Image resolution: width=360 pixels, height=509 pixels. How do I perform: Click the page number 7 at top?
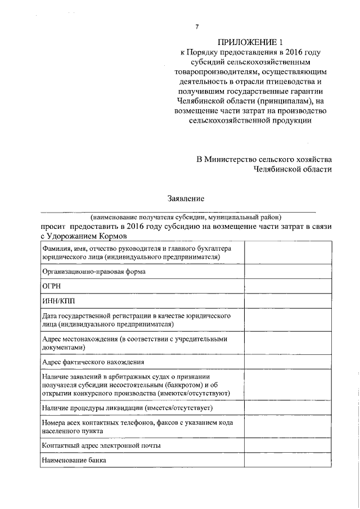tap(196, 26)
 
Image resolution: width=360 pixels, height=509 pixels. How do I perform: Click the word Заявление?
tap(186, 198)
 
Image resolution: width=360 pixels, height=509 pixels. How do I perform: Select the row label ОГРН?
tap(52, 286)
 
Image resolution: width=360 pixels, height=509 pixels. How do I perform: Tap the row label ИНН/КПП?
tap(58, 301)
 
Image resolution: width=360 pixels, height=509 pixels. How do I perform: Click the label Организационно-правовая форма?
tap(94, 271)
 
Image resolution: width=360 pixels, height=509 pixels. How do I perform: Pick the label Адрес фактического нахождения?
tap(93, 362)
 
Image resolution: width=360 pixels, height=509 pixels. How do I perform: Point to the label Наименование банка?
tap(74, 460)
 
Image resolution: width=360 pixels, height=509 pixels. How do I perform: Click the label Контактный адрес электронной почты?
tap(102, 445)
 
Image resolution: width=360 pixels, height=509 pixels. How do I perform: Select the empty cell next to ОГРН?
tap(288, 286)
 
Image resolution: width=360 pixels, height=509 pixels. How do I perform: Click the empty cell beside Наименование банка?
tap(288, 460)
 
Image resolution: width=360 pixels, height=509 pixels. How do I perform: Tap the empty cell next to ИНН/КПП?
tap(288, 301)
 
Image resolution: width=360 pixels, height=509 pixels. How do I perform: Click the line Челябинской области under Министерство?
tap(292, 169)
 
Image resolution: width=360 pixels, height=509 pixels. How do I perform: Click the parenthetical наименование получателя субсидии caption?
tap(186, 217)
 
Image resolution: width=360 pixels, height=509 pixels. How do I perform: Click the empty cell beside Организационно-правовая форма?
tap(288, 271)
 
